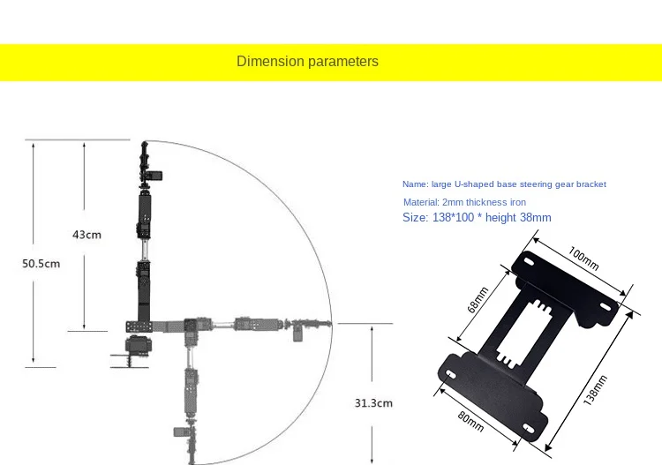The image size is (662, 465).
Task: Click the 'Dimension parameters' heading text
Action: click(x=307, y=62)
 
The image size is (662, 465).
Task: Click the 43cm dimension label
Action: click(x=87, y=235)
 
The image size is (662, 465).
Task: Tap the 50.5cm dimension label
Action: click(x=41, y=264)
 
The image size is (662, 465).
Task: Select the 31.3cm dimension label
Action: click(x=373, y=402)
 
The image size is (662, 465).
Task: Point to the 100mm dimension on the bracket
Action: click(x=583, y=258)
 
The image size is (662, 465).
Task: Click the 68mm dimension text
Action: click(x=478, y=304)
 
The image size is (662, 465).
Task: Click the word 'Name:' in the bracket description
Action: click(x=415, y=184)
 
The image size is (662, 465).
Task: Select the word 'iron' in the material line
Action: click(x=516, y=202)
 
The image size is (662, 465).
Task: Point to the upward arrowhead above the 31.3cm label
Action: click(x=373, y=328)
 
